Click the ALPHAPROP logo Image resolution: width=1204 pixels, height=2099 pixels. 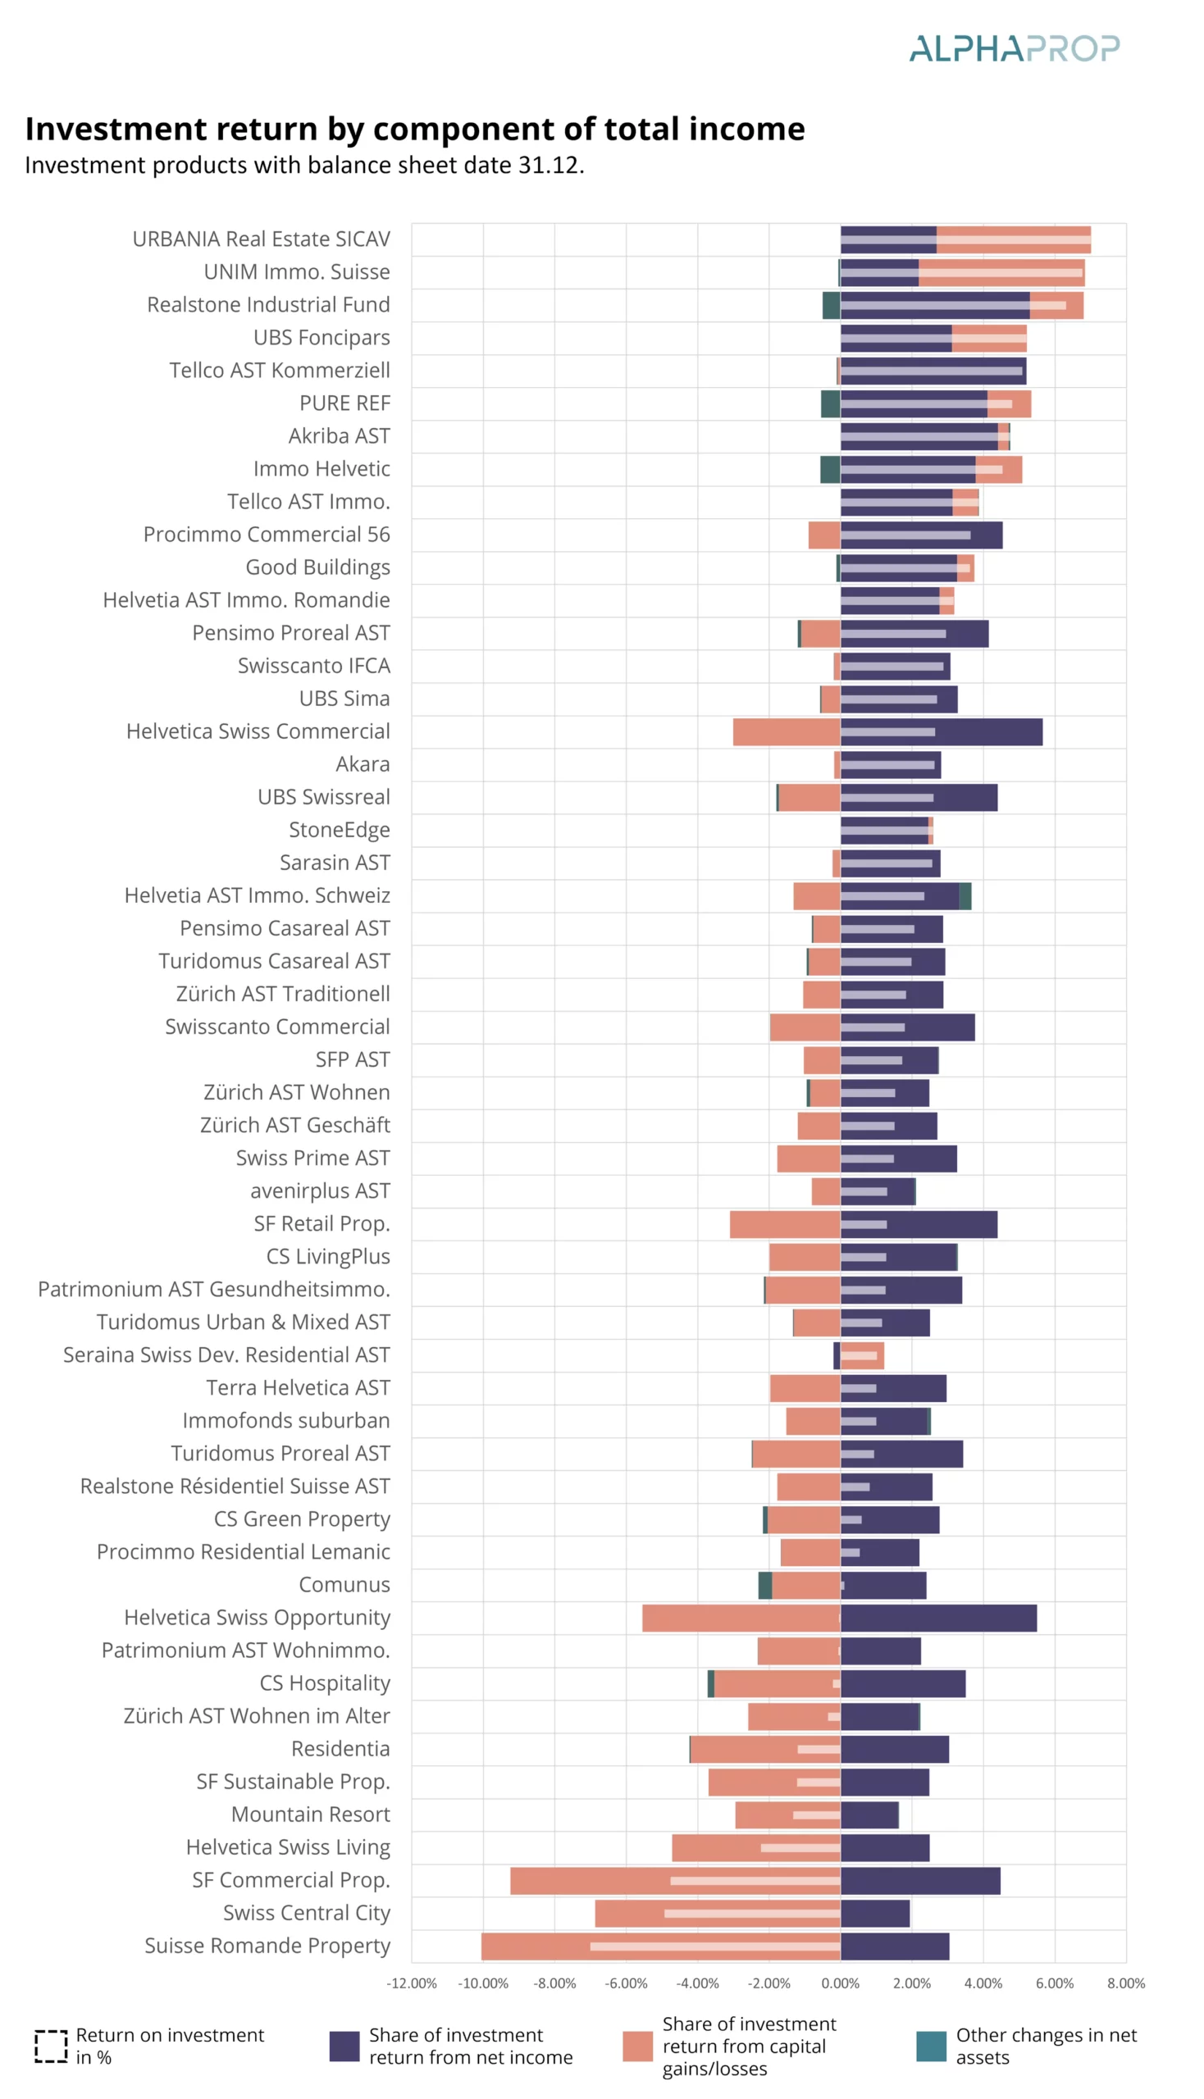click(1014, 48)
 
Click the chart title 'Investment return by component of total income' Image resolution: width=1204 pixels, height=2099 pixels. click(414, 129)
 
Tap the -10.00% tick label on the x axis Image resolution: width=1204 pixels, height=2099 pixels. click(483, 1983)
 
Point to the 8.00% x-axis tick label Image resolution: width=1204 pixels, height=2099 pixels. click(1125, 1983)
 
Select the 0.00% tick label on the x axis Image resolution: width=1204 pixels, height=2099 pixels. click(840, 1983)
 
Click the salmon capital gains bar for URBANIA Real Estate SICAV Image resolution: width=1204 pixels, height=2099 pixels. click(1013, 230)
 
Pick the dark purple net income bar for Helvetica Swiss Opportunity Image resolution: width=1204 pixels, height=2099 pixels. click(938, 1618)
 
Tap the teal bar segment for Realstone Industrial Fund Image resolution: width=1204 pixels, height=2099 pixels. click(831, 305)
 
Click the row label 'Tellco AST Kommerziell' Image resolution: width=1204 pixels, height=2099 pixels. click(280, 371)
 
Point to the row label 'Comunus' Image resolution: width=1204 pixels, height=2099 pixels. click(344, 1585)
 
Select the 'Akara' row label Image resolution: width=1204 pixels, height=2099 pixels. click(363, 764)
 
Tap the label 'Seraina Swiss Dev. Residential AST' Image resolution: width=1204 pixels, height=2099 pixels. click(226, 1355)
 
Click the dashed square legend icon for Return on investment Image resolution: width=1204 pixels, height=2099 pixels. click(51, 2046)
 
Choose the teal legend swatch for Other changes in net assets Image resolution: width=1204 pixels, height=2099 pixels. click(931, 2046)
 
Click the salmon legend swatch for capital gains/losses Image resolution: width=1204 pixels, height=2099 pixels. click(636, 2046)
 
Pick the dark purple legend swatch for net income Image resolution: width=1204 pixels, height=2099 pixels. click(344, 2046)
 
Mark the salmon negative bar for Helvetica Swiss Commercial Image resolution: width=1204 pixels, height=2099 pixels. click(786, 732)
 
